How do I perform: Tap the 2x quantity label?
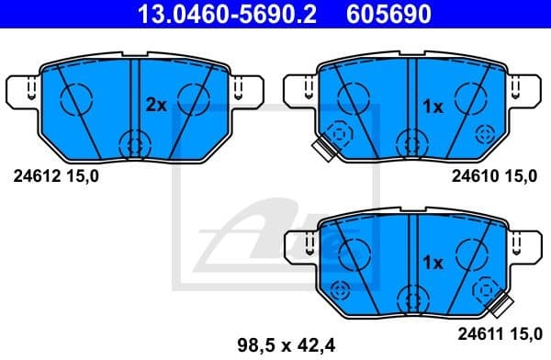coord(156,106)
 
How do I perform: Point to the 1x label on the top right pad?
coord(432,107)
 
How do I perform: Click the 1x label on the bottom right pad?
coord(432,263)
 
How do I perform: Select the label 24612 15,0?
coord(53,176)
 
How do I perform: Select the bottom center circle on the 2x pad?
coord(136,142)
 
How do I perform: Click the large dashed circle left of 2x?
coord(75,96)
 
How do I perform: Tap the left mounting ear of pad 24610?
coord(299,90)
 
